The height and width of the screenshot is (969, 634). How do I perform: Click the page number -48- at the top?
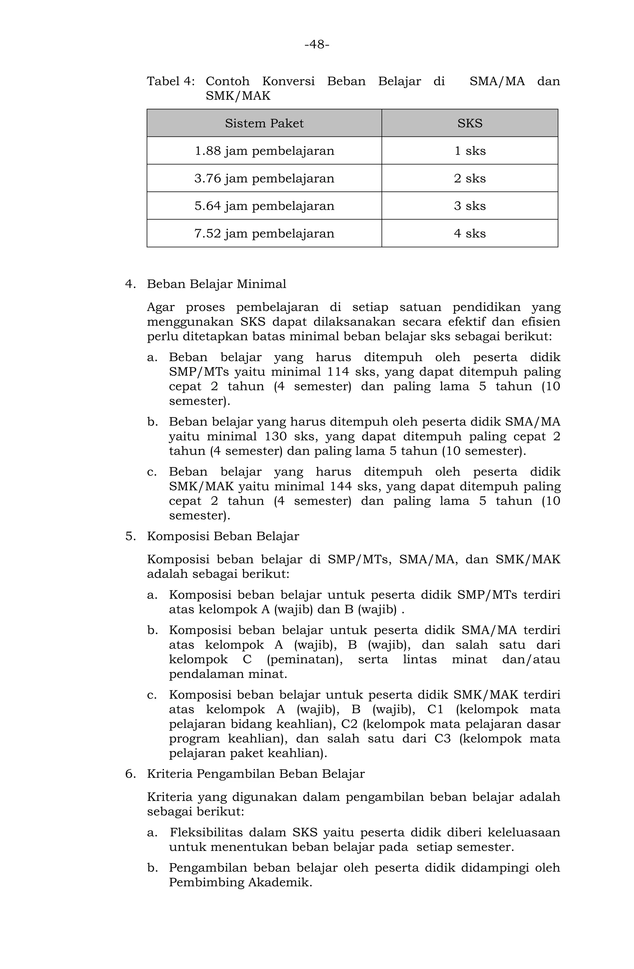[x=317, y=44]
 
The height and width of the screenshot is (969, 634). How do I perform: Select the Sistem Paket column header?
[x=264, y=123]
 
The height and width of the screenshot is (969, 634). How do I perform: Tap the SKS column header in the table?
[x=470, y=123]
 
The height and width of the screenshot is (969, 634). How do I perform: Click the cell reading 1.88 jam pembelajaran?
[x=264, y=151]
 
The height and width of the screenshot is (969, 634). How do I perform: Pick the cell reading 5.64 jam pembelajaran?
[x=264, y=206]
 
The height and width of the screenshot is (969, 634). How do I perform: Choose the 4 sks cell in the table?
[x=470, y=234]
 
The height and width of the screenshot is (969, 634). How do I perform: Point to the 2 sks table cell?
[x=470, y=179]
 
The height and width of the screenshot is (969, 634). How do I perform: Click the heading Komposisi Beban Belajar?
[x=223, y=536]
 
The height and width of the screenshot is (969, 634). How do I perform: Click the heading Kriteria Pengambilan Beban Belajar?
[x=256, y=774]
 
